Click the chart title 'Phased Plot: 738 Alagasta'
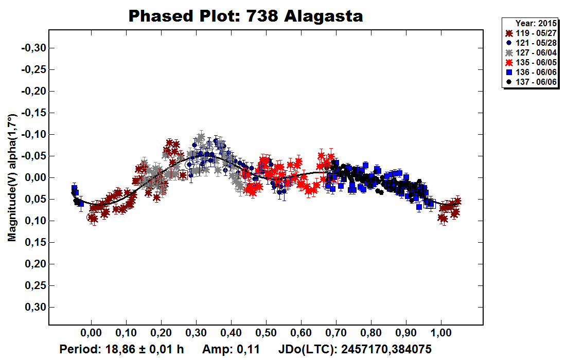pos(245,16)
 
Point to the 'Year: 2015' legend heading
pos(535,23)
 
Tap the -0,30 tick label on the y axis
pos(33,48)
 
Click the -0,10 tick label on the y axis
pos(33,135)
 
